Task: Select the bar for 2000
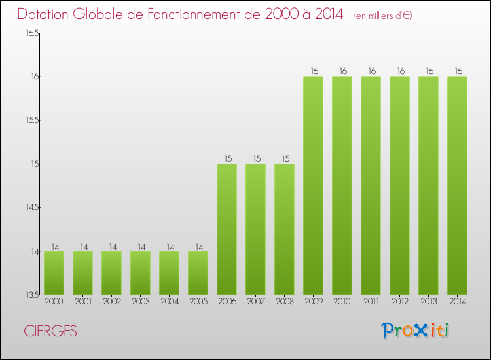[54, 272]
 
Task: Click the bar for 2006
[227, 229]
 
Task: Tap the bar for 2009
[313, 185]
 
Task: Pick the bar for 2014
[457, 185]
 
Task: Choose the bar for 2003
[140, 272]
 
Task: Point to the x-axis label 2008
[284, 302]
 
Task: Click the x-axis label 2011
[371, 302]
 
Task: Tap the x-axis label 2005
[198, 302]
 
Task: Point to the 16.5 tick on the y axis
[32, 33]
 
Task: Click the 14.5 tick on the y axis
[32, 207]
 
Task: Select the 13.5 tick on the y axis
[32, 295]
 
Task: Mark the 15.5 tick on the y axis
[32, 120]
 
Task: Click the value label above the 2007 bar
[255, 159]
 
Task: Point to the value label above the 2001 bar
[82, 247]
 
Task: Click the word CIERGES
[50, 332]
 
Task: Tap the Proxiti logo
[416, 331]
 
